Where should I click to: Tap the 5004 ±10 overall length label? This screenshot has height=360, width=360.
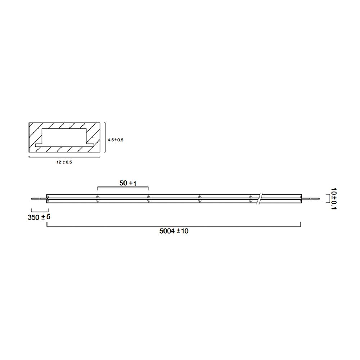(174, 231)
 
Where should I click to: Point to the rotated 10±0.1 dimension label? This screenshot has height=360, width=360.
(334, 198)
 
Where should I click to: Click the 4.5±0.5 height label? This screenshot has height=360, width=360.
(116, 140)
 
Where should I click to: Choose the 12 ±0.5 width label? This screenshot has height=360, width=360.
(64, 162)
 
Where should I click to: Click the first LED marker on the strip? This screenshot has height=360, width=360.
(98, 198)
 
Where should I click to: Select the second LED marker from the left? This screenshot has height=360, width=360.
(148, 198)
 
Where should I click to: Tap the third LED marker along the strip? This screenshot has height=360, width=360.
(199, 198)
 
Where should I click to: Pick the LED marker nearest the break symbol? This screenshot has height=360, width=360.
(251, 198)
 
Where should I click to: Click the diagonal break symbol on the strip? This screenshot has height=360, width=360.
(260, 198)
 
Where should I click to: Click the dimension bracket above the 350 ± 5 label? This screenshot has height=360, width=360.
(39, 210)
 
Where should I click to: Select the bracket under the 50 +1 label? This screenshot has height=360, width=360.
(123, 188)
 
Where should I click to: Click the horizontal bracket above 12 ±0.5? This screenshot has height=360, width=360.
(64, 157)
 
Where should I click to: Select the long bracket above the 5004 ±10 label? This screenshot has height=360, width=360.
(174, 226)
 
